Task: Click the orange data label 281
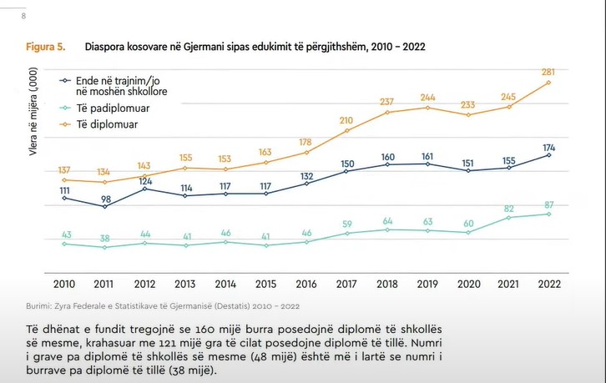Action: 548,72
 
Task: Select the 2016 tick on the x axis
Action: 306,284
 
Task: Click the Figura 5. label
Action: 44,45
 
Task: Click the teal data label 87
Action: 548,204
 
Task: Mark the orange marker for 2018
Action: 386,112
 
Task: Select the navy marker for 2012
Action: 145,189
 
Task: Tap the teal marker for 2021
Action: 508,218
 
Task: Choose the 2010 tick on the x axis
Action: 64,284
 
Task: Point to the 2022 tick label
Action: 548,284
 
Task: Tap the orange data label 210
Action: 346,120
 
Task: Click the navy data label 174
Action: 548,147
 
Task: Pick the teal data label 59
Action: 346,223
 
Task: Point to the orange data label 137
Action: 65,170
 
